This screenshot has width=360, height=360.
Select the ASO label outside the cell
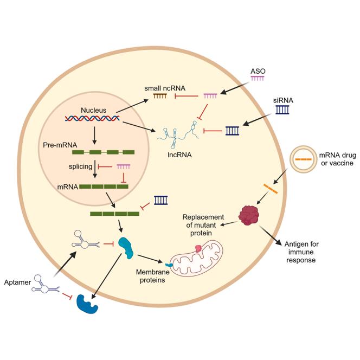[x=258, y=71]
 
